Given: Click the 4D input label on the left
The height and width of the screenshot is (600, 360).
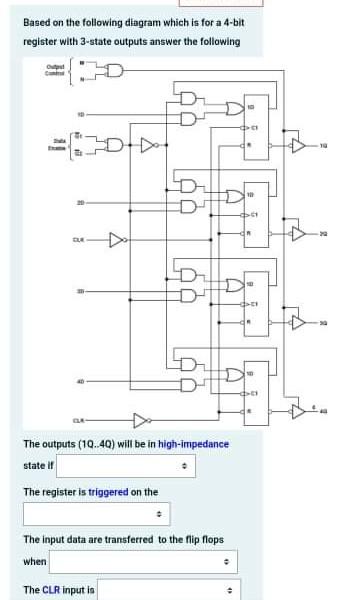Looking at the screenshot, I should click(x=65, y=380).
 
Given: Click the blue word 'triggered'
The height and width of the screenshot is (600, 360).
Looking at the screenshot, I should click(x=109, y=492).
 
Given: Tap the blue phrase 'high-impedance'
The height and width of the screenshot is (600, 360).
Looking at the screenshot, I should click(x=193, y=444).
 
